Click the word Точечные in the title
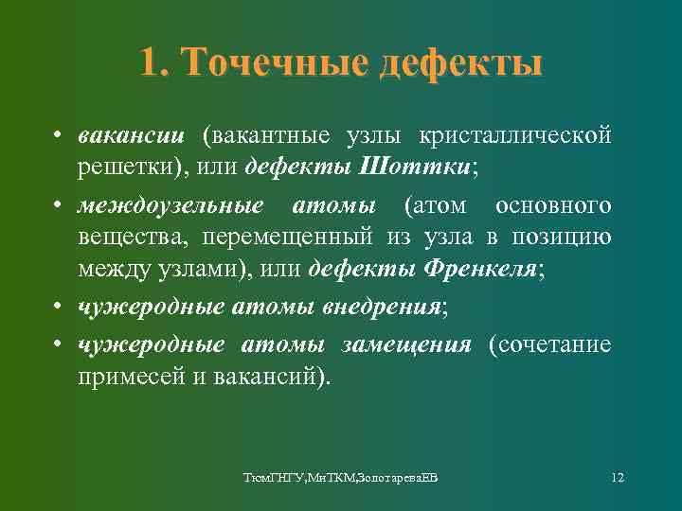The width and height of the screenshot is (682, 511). pos(276,63)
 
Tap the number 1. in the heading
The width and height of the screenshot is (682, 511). pos(155,63)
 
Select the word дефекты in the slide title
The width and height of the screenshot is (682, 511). pos(461,63)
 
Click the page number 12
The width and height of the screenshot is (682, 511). pos(618,476)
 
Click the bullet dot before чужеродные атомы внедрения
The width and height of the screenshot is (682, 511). pos(59,307)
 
